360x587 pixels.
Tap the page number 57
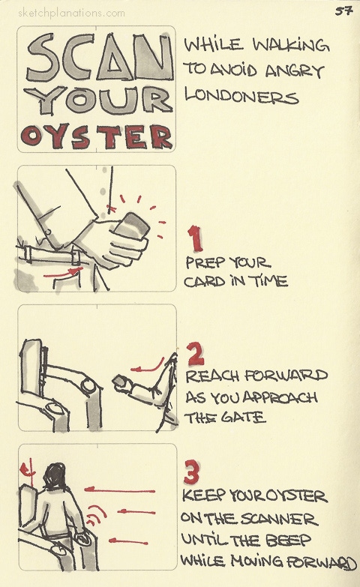coord(344,10)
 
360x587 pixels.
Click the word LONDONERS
coord(241,96)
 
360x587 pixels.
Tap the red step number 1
coord(194,241)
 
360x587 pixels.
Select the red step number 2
coord(194,352)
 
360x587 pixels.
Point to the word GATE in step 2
coord(246,418)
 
